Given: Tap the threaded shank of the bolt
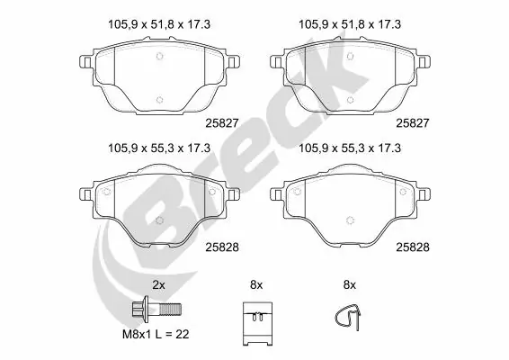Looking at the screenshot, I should (x=169, y=309).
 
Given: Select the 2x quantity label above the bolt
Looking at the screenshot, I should (x=158, y=284).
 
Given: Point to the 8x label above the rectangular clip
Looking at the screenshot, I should (x=255, y=284).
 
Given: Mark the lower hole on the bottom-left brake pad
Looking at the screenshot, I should (x=159, y=219).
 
